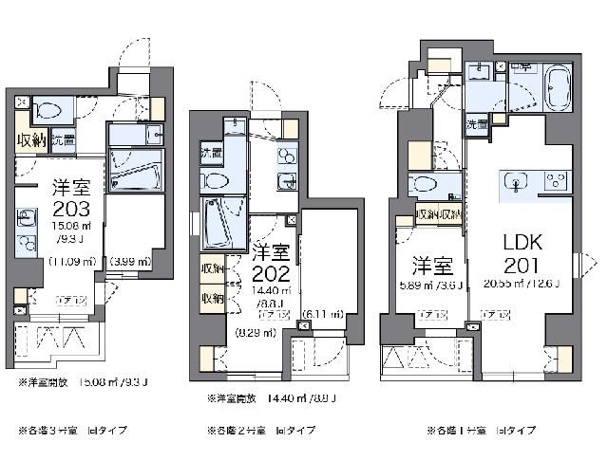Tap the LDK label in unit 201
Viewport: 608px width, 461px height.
tap(521, 242)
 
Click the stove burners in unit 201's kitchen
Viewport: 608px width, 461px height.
tap(556, 180)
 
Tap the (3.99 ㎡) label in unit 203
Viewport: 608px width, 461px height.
tap(130, 261)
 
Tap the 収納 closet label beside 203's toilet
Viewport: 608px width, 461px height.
tap(30, 139)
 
